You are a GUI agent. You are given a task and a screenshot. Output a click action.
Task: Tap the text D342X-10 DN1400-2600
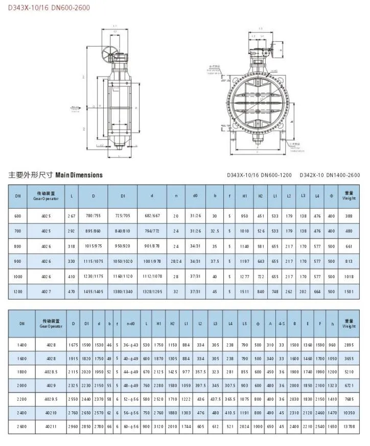(x=329, y=175)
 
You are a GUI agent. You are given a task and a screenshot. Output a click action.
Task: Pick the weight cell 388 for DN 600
(x=349, y=216)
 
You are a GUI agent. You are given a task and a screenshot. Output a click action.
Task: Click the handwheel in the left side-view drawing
(x=109, y=53)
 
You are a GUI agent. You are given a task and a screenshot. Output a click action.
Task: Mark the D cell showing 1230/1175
(x=94, y=276)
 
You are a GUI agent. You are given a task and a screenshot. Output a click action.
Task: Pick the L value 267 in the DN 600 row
(x=72, y=216)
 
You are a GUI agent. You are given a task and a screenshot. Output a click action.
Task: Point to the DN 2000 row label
(x=22, y=386)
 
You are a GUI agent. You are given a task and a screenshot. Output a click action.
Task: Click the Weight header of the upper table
(x=349, y=196)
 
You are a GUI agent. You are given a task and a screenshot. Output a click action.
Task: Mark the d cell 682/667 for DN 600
(x=152, y=216)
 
